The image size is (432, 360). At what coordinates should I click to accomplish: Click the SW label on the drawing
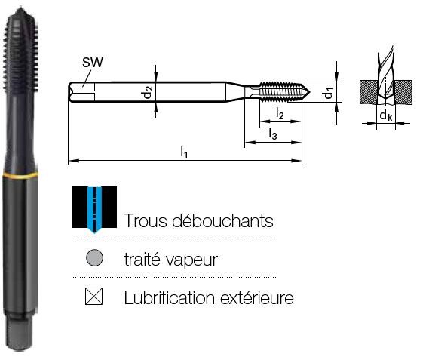[x=92, y=63]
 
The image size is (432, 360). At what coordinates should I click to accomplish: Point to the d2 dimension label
[x=148, y=92]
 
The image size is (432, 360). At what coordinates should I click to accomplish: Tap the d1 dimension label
[x=328, y=93]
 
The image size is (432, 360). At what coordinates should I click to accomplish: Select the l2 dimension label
[x=280, y=113]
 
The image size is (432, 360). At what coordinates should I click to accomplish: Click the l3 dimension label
[x=273, y=134]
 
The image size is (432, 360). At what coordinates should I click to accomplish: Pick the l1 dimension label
[x=184, y=152]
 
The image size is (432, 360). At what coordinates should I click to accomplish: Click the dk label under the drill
[x=386, y=115]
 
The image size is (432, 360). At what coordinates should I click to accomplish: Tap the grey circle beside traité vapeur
[x=94, y=257]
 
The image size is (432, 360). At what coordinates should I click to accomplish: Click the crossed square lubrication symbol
[x=94, y=297]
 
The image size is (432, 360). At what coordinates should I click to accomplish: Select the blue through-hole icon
[x=94, y=210]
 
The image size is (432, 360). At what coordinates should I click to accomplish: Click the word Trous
[x=145, y=220]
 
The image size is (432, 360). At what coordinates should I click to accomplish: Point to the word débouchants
[x=223, y=220]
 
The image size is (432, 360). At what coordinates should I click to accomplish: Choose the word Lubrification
[x=169, y=298]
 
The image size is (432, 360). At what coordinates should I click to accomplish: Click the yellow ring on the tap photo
[x=20, y=175]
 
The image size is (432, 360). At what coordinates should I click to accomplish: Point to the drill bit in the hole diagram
[x=386, y=76]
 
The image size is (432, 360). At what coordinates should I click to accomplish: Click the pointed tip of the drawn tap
[x=310, y=92]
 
